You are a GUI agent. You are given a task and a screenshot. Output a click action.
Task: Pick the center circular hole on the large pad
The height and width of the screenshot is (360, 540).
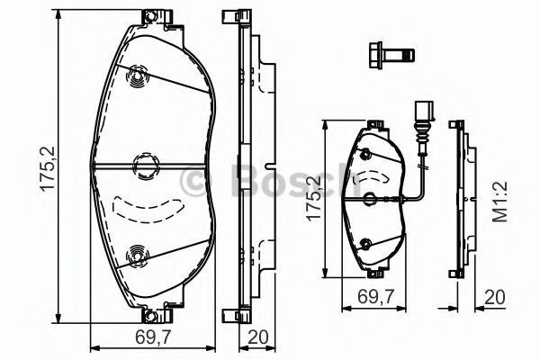click(x=142, y=165)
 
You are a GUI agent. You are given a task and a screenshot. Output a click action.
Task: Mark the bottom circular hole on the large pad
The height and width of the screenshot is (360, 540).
click(x=137, y=256)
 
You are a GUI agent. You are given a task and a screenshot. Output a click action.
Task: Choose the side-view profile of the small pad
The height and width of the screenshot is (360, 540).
click(x=458, y=198)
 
